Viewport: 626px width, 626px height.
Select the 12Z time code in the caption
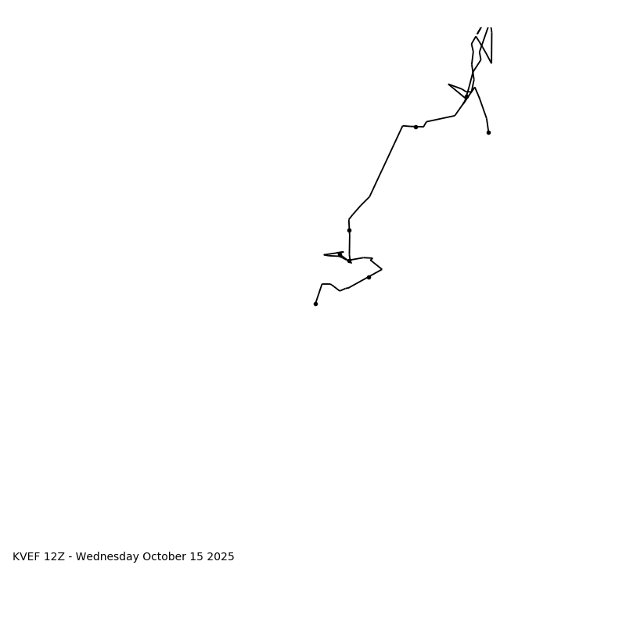coord(54,557)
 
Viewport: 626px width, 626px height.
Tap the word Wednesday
coord(107,557)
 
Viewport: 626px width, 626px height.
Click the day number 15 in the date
coord(196,557)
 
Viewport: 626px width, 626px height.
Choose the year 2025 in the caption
coord(221,557)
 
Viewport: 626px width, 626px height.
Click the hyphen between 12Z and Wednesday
coord(70,557)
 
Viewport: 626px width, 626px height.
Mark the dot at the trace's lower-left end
coord(315,304)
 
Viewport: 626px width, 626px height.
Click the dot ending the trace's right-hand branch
coord(488,132)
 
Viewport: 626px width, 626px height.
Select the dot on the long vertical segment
coord(349,230)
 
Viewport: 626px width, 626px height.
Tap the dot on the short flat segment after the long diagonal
coord(416,127)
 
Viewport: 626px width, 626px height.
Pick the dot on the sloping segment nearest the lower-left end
coord(369,277)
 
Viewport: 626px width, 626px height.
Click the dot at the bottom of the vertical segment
coord(349,261)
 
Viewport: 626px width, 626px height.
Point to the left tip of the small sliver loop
coord(324,254)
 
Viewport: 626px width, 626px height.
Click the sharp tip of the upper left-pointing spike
coord(448,85)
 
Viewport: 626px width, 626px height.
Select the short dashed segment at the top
coord(480,31)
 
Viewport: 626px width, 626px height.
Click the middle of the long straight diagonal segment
coord(387,160)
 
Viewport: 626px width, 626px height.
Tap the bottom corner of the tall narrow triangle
coord(491,63)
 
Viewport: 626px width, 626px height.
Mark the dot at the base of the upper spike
coord(466,97)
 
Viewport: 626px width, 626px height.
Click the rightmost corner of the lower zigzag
coord(382,269)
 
